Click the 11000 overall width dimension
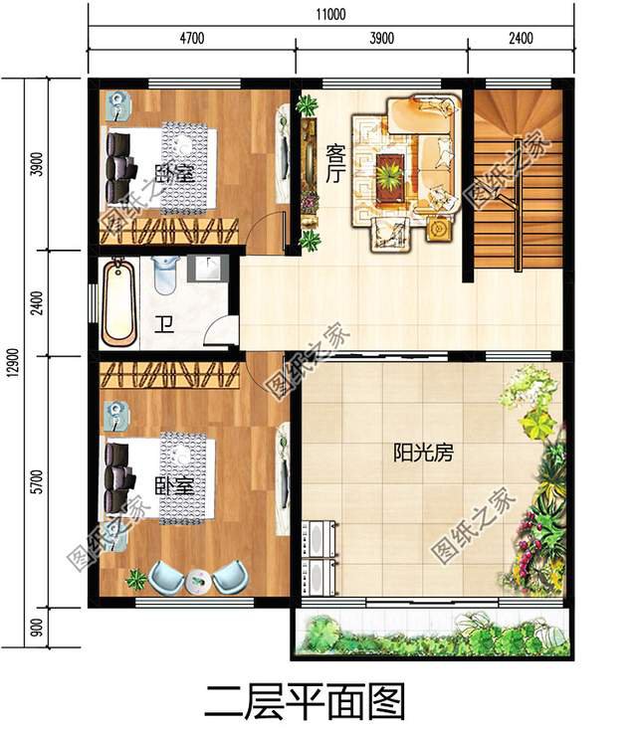(330, 14)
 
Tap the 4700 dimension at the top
(192, 38)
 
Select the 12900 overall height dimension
(14, 362)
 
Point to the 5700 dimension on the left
(39, 481)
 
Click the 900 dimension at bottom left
(39, 628)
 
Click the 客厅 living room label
(335, 164)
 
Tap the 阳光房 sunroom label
(423, 452)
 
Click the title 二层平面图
(305, 701)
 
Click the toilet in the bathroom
(164, 274)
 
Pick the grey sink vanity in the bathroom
(208, 268)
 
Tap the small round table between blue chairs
(198, 582)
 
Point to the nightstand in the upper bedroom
(120, 105)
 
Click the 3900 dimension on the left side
(39, 164)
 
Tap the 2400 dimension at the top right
(522, 38)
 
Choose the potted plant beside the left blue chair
(136, 579)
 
